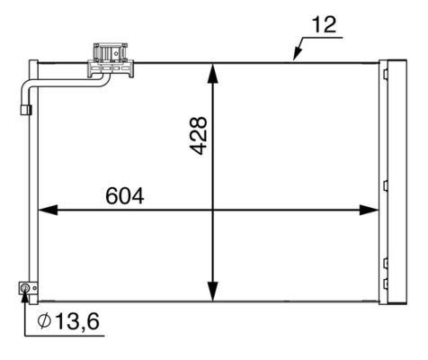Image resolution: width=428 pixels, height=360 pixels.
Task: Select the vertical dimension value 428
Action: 199,135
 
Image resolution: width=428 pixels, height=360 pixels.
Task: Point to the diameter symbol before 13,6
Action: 44,322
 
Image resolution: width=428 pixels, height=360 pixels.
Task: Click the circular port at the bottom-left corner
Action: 25,288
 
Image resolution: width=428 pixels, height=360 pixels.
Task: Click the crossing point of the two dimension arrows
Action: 213,210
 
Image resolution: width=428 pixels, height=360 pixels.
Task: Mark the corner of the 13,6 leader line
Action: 25,335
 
